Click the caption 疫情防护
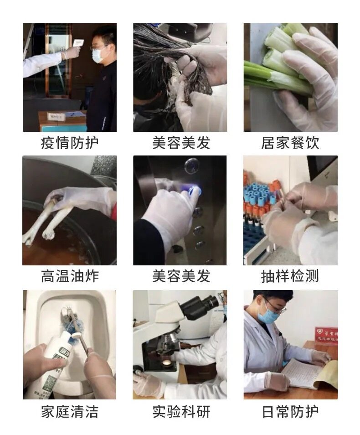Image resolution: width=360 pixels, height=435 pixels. click(70, 143)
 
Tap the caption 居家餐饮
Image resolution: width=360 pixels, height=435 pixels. click(290, 143)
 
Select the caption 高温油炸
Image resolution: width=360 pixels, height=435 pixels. click(70, 276)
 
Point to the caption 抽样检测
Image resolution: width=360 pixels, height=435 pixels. click(290, 276)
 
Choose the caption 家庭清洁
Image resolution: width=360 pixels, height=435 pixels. click(70, 411)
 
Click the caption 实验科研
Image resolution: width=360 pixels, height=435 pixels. click(181, 411)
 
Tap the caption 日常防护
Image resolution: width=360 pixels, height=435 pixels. click(290, 411)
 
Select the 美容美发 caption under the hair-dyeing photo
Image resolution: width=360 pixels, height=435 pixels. click(181, 143)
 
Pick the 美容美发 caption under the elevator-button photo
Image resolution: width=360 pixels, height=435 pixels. click(181, 276)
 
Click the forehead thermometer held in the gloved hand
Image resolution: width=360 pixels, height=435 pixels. click(78, 44)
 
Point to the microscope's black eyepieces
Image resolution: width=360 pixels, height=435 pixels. click(200, 304)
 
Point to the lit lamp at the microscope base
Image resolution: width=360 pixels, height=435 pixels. click(166, 363)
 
